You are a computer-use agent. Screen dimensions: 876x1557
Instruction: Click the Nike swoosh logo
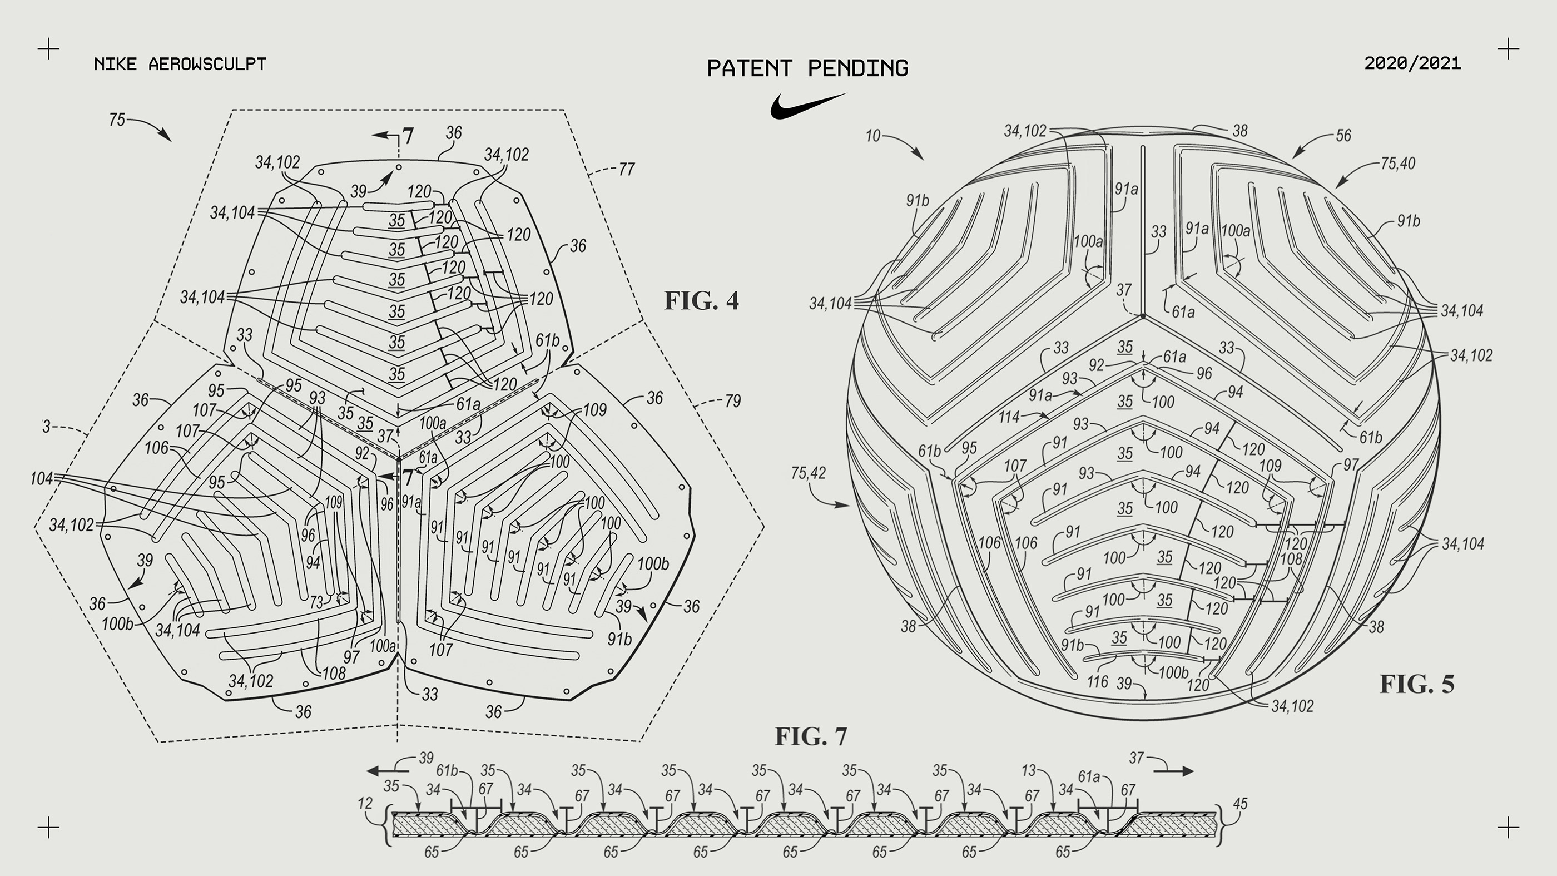(807, 106)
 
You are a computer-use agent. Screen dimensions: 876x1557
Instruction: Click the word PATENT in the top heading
(749, 68)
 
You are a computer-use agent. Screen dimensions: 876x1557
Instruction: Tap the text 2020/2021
(1412, 63)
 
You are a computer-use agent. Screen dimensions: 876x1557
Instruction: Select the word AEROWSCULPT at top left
(207, 64)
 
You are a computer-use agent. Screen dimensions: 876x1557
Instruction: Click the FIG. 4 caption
(701, 300)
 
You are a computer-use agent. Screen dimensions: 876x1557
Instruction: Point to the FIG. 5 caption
(1416, 684)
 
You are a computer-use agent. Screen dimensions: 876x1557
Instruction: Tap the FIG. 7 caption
(811, 736)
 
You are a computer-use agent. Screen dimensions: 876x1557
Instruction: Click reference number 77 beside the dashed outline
(626, 169)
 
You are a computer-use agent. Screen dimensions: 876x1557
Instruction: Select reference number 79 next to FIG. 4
(732, 401)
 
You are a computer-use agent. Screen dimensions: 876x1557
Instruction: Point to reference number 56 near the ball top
(1343, 136)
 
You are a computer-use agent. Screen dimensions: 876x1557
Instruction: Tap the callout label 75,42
(808, 473)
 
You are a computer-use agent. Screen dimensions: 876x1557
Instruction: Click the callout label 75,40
(1398, 163)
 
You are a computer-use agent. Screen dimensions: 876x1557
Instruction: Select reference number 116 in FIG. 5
(1098, 682)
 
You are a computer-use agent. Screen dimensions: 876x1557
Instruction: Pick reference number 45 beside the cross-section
(1239, 804)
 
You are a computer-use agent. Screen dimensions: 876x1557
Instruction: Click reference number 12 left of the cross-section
(365, 804)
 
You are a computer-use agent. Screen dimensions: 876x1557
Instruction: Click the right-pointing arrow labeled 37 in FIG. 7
(1174, 771)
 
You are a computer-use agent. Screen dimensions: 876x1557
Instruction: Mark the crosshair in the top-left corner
(48, 48)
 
